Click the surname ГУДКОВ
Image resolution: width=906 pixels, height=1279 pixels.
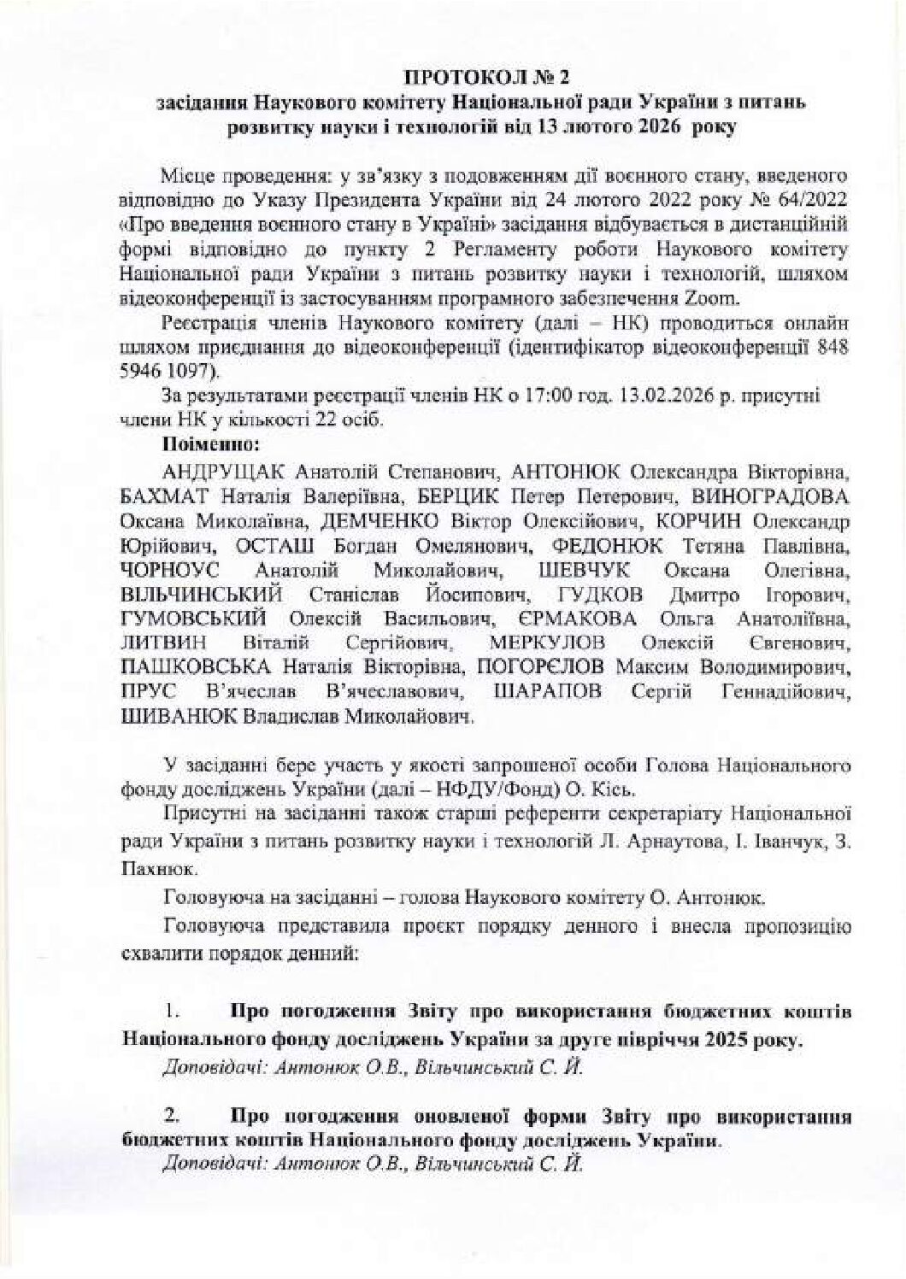coord(598,595)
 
